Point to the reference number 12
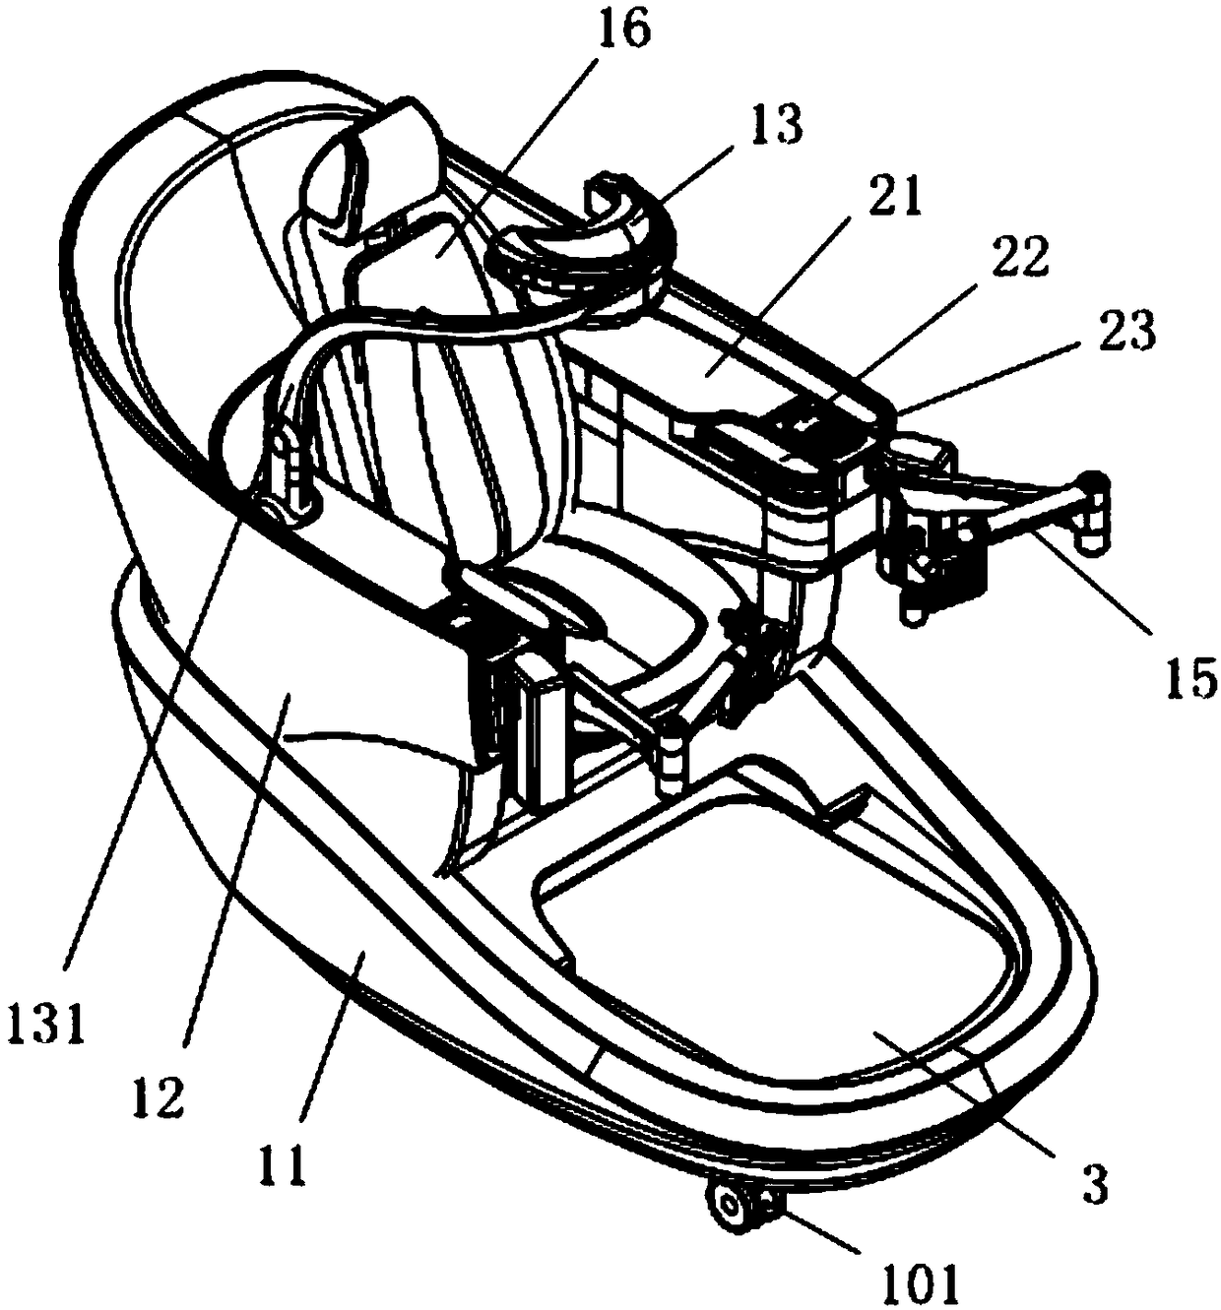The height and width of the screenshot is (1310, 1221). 161,1096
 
